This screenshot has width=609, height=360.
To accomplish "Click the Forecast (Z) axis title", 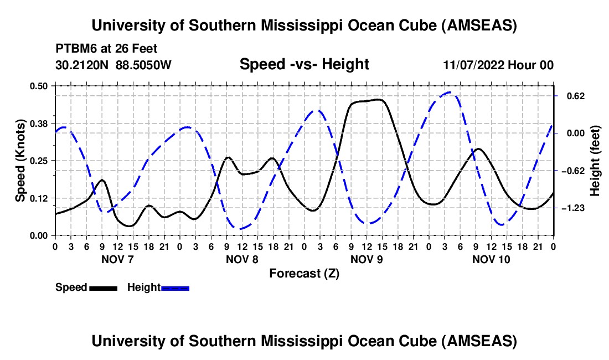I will [x=304, y=273].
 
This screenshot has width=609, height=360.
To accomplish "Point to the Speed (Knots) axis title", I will [x=20, y=160].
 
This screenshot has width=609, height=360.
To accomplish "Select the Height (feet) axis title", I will [x=596, y=160].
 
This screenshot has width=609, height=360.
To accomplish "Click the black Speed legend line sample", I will [x=103, y=287].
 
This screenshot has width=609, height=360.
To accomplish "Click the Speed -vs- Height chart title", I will [x=304, y=65].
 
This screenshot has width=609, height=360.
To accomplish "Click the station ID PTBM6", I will [x=75, y=48].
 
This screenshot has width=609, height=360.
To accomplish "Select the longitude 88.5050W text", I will [x=143, y=65].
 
